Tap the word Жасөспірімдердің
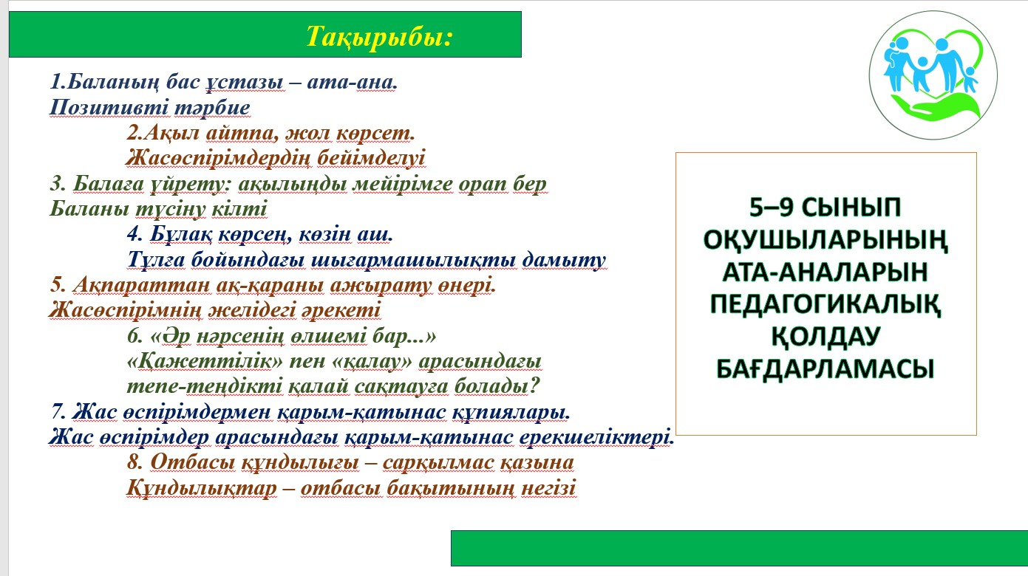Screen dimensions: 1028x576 (218, 158)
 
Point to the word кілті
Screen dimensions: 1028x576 (239, 209)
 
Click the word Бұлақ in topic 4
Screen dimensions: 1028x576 (181, 234)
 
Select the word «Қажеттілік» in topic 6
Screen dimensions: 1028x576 (205, 361)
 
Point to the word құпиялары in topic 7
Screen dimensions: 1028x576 (511, 412)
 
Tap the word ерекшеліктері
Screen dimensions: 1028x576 (596, 437)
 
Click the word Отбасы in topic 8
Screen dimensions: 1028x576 (192, 462)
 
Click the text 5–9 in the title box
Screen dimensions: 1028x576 (771, 207)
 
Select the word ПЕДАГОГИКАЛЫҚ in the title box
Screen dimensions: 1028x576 (826, 304)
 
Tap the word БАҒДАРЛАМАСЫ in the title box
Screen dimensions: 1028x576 (826, 368)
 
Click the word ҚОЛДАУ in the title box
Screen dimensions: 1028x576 (826, 337)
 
